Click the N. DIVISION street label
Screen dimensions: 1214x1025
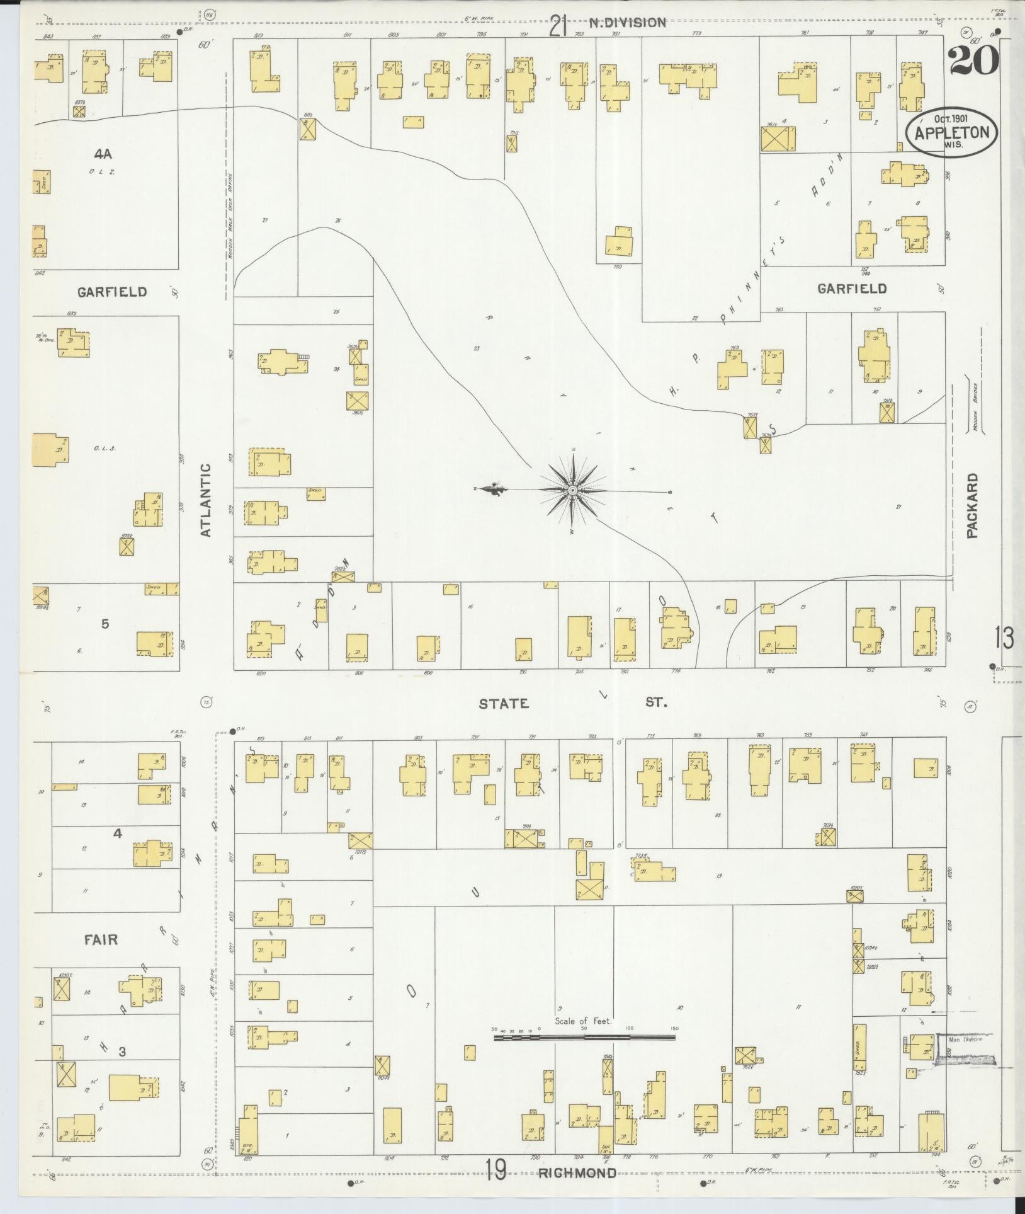click(x=627, y=23)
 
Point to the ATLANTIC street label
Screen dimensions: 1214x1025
click(x=205, y=500)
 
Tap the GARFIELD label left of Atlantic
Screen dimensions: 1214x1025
click(x=112, y=292)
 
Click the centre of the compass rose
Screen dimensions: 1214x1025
click(x=572, y=490)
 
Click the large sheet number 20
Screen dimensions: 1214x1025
click(x=973, y=61)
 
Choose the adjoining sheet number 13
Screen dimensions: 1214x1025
click(x=1004, y=638)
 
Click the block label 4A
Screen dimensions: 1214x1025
click(x=103, y=153)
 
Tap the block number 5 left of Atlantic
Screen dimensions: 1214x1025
click(x=105, y=624)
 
